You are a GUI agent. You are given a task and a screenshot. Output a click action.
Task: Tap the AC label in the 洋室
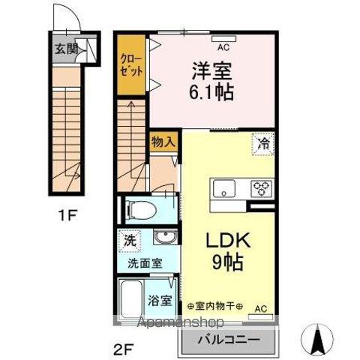click(222, 46)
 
